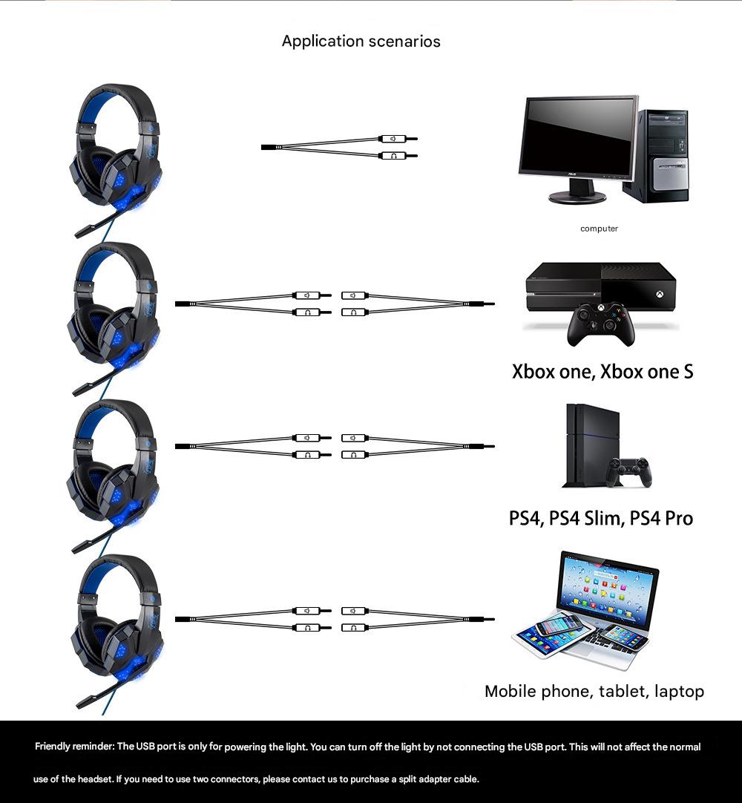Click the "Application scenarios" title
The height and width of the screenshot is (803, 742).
[x=361, y=42]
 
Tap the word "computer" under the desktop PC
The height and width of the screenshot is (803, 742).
[x=599, y=229]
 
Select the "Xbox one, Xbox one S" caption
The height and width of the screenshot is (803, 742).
[x=603, y=371]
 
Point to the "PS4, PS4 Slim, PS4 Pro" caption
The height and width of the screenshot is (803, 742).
[x=601, y=518]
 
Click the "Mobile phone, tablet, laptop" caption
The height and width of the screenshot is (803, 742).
[x=594, y=692]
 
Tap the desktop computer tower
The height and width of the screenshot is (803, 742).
[x=657, y=156]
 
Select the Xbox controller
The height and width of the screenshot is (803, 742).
[x=601, y=324]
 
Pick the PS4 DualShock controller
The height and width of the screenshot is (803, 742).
[x=628, y=472]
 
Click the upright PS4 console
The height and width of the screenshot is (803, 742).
[x=590, y=445]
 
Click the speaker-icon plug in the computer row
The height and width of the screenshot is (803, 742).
[x=398, y=139]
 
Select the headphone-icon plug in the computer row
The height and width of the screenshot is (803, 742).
[x=398, y=156]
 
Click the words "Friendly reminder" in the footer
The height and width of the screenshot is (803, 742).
[x=73, y=746]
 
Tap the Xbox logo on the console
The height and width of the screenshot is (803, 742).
[x=659, y=295]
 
